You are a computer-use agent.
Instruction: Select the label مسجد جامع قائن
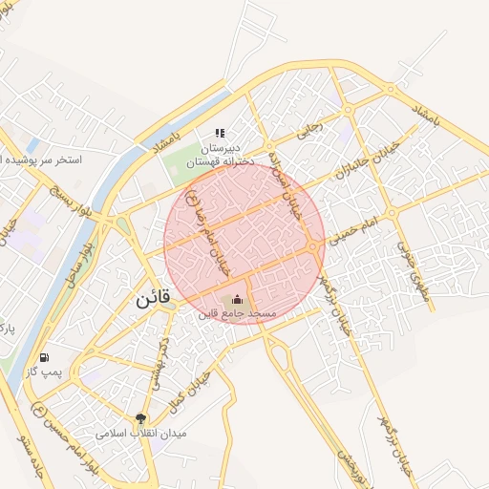click(238, 314)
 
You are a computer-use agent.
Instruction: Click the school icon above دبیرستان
click(220, 134)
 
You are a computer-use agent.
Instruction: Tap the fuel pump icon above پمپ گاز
click(44, 358)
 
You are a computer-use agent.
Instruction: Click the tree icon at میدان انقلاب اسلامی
click(141, 418)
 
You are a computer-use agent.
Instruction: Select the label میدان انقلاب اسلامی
click(141, 434)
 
